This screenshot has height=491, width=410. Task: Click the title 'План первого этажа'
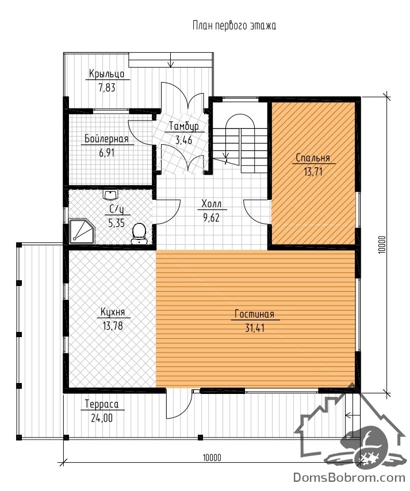234,26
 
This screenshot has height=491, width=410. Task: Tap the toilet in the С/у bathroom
139,234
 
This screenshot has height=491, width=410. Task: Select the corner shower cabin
82,231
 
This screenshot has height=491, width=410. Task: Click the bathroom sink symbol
110,195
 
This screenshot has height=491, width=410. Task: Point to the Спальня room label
313,157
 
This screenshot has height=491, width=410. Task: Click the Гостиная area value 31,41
255,328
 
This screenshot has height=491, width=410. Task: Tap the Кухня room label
113,312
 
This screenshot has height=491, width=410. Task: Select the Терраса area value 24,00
102,418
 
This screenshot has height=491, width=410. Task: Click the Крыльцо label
106,74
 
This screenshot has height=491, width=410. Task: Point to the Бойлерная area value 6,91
106,153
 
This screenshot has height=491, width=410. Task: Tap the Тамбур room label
184,126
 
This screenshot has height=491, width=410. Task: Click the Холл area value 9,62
211,217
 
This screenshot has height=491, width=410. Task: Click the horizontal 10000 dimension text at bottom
212,458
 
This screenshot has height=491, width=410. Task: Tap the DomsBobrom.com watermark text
349,478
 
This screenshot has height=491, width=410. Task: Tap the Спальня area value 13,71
313,172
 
